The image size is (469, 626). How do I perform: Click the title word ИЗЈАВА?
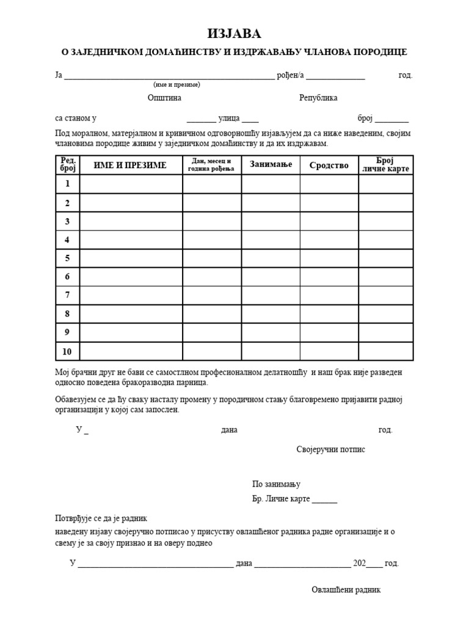(234, 34)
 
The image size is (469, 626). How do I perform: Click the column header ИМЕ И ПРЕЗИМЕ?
(129, 165)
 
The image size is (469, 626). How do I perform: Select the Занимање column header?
(271, 164)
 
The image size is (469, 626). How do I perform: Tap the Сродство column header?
(329, 165)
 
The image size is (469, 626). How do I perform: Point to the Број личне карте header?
(385, 164)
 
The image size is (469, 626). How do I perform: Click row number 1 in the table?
(67, 184)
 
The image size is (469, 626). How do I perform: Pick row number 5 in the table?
(67, 258)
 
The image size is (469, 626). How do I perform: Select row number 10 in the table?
(67, 352)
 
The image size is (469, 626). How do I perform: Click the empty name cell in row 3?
(131, 221)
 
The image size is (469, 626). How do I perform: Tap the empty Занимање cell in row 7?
(271, 295)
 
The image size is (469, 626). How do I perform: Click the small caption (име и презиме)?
(176, 84)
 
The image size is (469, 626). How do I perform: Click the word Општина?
(164, 98)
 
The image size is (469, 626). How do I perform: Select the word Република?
(318, 98)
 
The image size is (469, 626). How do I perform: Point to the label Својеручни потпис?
(330, 449)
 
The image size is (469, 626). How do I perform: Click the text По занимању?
(276, 484)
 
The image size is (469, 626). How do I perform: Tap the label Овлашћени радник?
(346, 590)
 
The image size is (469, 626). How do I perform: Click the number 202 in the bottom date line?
(359, 563)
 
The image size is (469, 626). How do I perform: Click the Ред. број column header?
(67, 164)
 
